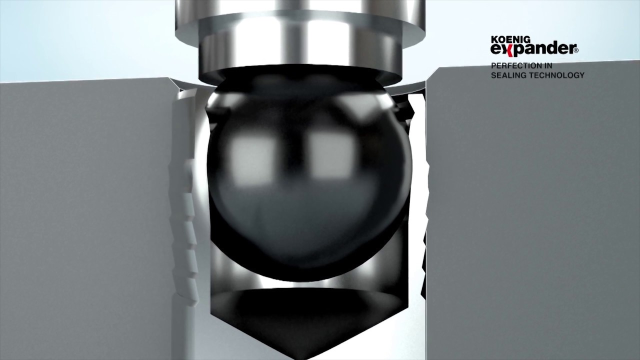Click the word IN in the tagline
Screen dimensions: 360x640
coord(547,65)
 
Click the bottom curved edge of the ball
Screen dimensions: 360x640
coord(306,277)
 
